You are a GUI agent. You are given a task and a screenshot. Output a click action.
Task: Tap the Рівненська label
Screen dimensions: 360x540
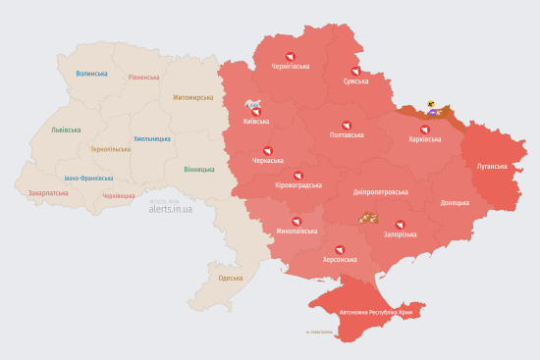coord(143,77)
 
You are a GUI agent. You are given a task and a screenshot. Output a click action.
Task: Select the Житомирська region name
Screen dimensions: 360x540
coord(192,98)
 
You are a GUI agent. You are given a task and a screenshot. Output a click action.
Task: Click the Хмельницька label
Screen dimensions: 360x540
coord(152,138)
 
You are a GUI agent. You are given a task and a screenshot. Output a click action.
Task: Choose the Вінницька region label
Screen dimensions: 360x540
coord(199,169)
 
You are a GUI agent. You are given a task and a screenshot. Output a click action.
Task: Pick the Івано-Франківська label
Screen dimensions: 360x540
coord(88,179)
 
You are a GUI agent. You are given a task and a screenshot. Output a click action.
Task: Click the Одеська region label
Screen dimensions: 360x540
coord(231,279)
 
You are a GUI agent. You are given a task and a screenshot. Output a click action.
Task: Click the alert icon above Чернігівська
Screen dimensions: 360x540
coord(290,56)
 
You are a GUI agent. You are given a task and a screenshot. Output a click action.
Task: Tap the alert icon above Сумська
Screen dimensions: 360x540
coord(355,70)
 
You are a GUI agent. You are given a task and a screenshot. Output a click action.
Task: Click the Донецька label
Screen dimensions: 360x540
coord(455,203)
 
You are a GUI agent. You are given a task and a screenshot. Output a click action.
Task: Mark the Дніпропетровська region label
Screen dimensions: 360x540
coord(380,192)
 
